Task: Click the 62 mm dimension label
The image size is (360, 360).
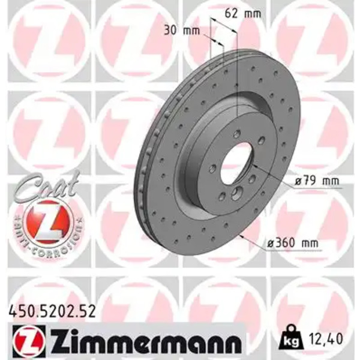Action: [x=243, y=14]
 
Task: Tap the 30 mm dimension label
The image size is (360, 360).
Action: [x=182, y=31]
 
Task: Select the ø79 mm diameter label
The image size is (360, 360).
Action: [x=317, y=181]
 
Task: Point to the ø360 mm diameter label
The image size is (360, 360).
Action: [x=293, y=242]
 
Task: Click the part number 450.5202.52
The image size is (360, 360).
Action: [x=52, y=311]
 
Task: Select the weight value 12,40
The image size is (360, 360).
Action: [x=325, y=338]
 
